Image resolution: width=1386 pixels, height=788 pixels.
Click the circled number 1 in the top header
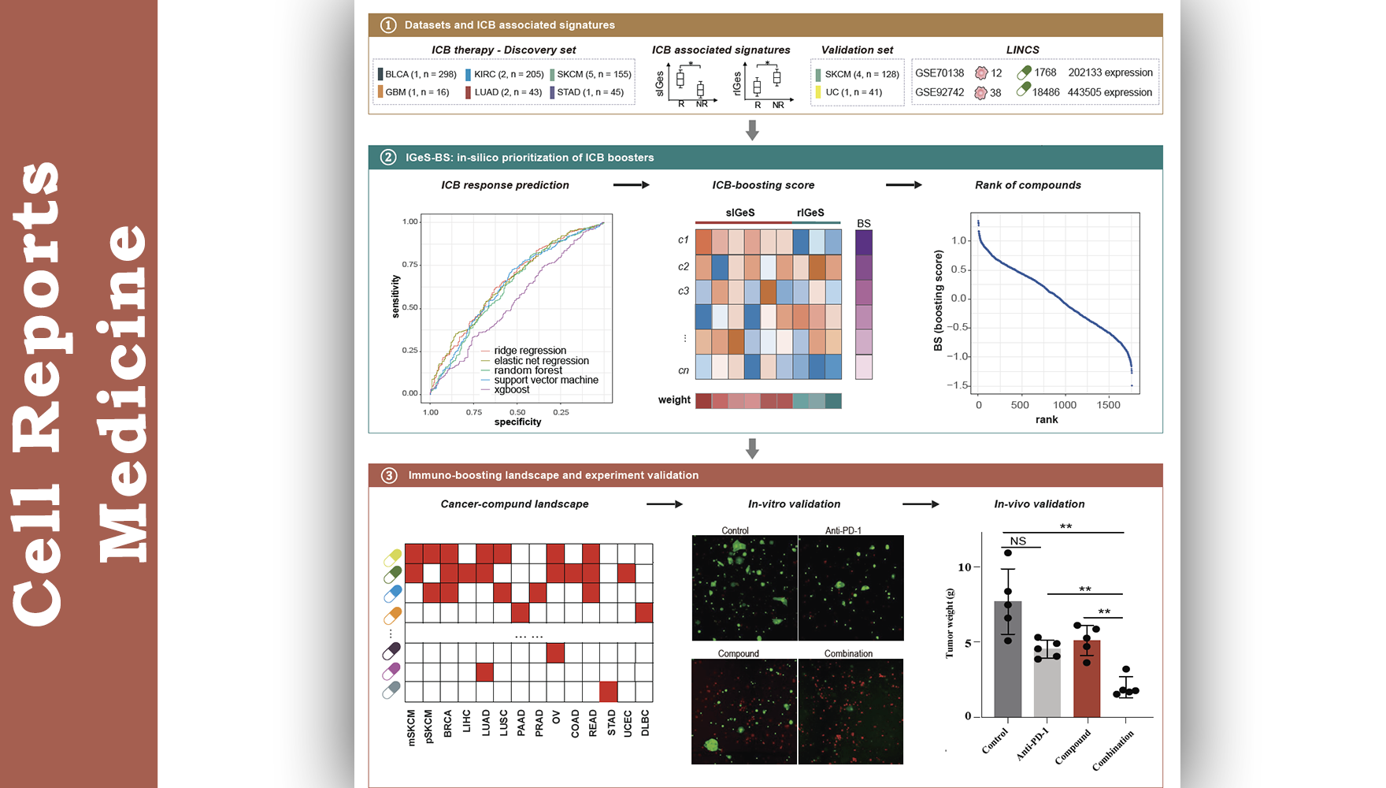388,25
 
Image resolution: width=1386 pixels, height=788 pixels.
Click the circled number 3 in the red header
389,475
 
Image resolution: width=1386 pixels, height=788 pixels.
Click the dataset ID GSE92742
939,92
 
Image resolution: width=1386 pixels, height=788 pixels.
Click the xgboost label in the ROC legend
512,389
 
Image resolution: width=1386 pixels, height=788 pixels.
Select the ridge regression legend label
530,351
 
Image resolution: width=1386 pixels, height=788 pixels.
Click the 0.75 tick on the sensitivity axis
410,265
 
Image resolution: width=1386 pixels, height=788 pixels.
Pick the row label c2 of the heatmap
684,266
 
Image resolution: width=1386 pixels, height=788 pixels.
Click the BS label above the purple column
864,224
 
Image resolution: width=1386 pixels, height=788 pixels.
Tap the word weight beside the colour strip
674,400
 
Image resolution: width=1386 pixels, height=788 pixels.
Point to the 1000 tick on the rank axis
1065,405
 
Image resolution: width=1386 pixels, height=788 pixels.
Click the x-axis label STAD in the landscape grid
611,723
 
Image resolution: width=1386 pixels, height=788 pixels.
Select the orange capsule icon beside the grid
392,614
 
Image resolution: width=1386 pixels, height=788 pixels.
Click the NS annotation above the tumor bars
1018,541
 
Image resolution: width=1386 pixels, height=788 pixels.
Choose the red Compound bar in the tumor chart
1087,678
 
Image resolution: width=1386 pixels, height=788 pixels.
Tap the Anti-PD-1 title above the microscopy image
843,530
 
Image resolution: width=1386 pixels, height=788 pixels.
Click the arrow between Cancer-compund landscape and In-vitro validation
665,504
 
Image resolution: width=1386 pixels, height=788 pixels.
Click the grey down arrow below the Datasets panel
752,130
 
